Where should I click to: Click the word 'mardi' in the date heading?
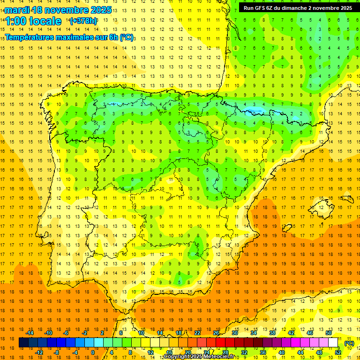(17, 10)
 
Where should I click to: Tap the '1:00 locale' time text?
(33, 21)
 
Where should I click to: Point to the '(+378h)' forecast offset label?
(83, 21)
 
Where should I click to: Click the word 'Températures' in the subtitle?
(29, 37)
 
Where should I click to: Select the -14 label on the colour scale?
(30, 333)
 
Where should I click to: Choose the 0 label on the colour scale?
(92, 352)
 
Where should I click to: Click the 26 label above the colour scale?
(216, 333)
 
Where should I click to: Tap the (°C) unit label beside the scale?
(349, 343)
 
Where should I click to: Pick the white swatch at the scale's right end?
(333, 343)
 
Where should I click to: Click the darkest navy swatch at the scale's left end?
(23, 343)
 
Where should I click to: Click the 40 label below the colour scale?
(282, 352)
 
